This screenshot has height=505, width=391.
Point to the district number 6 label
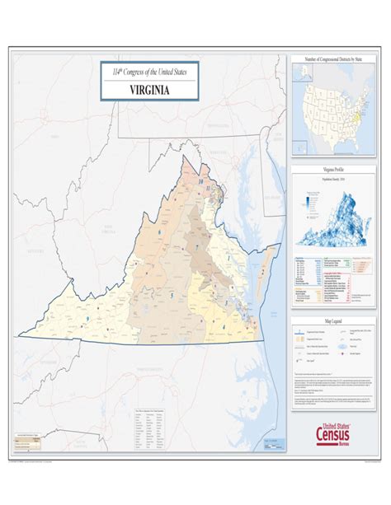click(158, 233)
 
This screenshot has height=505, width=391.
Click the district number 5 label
click(171, 293)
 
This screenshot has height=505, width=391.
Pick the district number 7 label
click(199, 247)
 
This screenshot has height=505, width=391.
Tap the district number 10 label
click(199, 179)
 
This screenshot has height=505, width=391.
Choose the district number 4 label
click(225, 326)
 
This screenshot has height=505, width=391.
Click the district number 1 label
click(228, 258)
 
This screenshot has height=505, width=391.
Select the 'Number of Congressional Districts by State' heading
click(335, 60)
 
